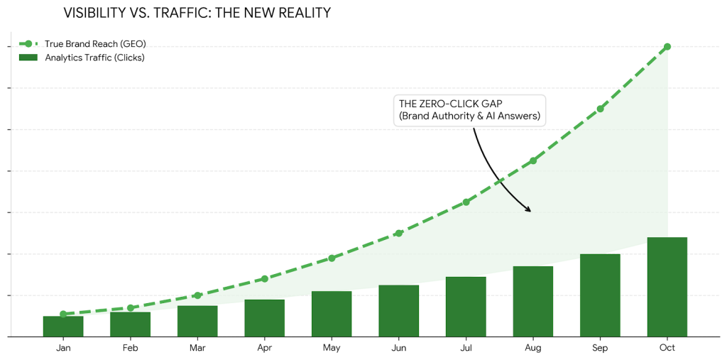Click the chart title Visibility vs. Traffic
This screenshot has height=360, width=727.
coord(197,13)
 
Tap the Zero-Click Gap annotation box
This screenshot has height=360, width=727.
coord(469,111)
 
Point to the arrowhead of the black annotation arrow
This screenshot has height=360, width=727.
coord(529,210)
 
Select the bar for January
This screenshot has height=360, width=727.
coord(63,326)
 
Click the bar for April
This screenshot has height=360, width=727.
coord(264,317)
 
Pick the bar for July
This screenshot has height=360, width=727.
coord(466,306)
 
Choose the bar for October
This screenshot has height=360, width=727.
coord(667,286)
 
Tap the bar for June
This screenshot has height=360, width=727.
coord(398,310)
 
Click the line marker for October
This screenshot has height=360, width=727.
coord(667,47)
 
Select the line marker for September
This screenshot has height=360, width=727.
coord(601,109)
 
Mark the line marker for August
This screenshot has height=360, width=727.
coord(533,160)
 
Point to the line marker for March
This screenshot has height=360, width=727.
coord(197,295)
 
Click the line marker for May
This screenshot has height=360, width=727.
coord(332,258)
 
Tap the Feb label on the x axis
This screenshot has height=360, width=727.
coord(130,348)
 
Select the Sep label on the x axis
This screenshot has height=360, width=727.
coord(600,348)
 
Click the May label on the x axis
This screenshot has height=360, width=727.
coord(332,348)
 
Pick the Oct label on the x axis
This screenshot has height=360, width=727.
coord(667,348)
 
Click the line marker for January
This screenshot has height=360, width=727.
coord(63,314)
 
